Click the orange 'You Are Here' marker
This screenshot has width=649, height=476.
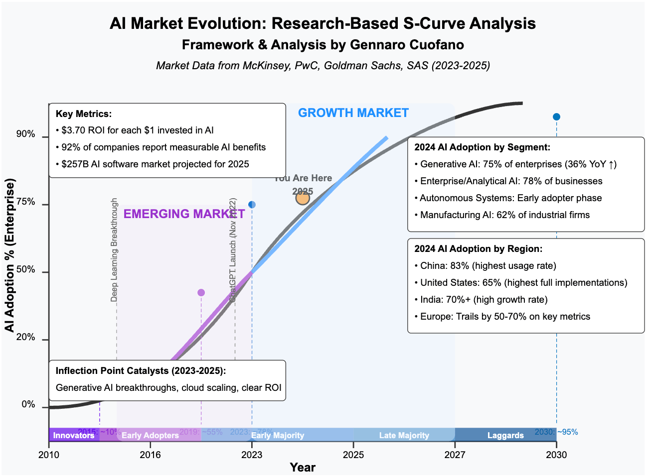[x=303, y=198]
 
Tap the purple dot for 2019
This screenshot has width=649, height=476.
[x=201, y=293]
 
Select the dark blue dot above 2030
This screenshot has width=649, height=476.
[x=556, y=117]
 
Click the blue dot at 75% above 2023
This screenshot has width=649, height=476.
[x=252, y=205]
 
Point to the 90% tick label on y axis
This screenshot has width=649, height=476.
[x=25, y=134]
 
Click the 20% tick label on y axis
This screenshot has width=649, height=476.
[x=25, y=338]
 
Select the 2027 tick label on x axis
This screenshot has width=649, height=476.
[x=455, y=455]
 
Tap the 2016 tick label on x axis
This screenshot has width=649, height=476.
[x=150, y=455]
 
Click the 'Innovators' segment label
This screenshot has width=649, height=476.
[x=74, y=436]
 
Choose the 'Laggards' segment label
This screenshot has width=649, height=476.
[x=505, y=436]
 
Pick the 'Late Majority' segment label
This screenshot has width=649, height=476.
[x=404, y=436]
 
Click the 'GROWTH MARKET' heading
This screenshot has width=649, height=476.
[x=353, y=113]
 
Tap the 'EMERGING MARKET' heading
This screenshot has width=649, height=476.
[x=184, y=214]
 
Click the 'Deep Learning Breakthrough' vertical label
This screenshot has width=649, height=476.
[x=114, y=250]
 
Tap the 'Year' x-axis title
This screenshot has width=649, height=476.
[x=303, y=468]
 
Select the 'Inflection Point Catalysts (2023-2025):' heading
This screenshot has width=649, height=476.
[x=141, y=371]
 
